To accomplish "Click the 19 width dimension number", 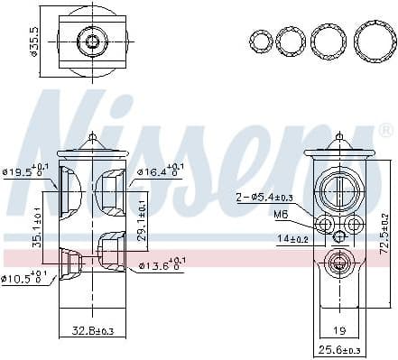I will point(339,330).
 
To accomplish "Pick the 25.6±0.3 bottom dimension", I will point(339,349).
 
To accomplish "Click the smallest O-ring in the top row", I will point(260,41).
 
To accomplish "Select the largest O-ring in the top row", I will point(372,41).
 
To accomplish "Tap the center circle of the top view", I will point(90,41).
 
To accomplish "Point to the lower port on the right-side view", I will point(338,264).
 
